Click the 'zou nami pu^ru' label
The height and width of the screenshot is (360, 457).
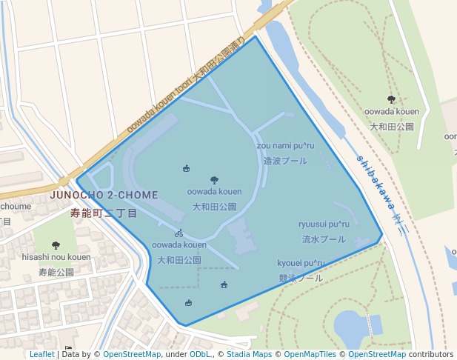point(289,146)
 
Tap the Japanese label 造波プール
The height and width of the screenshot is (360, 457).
point(285,161)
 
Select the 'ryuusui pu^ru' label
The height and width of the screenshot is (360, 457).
point(324,224)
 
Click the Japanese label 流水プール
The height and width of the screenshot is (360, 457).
point(323,240)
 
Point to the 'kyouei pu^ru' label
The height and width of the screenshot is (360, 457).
point(301,263)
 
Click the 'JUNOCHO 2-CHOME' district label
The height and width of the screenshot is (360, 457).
point(104,195)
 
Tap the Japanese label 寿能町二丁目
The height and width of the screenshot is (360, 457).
point(104,213)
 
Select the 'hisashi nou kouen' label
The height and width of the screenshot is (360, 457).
point(56,257)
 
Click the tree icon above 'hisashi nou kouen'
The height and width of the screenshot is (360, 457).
point(56,245)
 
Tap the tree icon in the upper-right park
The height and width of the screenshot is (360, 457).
point(391,99)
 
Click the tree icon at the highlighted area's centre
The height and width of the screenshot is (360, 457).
point(214,180)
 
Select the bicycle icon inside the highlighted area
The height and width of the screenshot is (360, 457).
point(179,233)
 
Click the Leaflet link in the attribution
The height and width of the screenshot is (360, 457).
point(41,354)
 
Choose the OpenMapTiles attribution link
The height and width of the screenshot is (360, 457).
point(306,354)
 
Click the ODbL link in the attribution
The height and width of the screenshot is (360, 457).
point(200,354)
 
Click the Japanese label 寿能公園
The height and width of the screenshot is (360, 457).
point(56,272)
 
